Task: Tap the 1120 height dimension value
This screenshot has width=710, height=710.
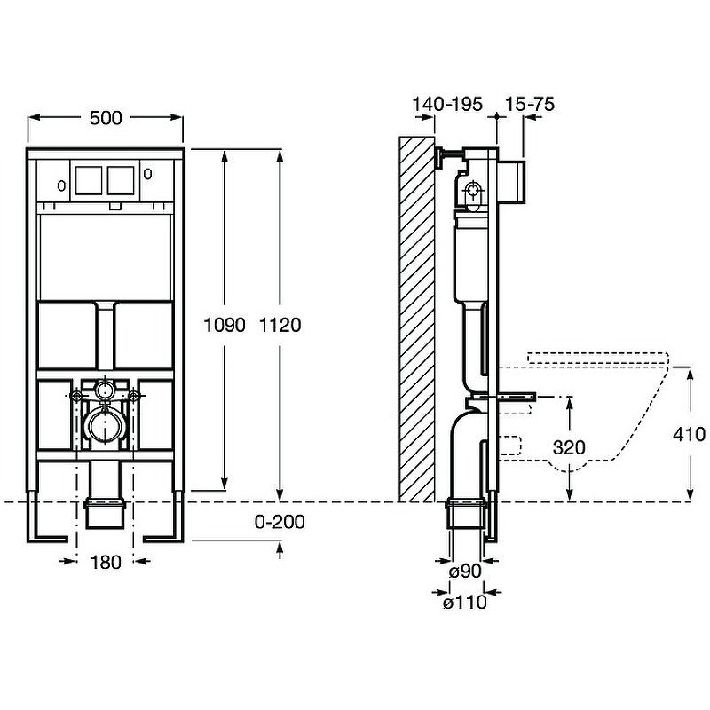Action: [283, 325]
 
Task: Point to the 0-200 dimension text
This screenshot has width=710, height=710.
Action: [280, 522]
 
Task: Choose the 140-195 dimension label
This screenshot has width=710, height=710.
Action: [447, 104]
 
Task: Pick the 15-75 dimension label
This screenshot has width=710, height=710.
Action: [529, 104]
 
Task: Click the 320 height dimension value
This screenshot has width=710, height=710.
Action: [568, 448]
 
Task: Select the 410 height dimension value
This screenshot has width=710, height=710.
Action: [690, 434]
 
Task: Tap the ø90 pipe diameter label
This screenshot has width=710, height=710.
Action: [465, 572]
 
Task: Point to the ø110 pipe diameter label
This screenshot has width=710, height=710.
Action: [465, 603]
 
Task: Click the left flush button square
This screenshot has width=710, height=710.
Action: [89, 180]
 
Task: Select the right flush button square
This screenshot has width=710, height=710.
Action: [122, 180]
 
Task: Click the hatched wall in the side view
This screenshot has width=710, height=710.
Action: [416, 319]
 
